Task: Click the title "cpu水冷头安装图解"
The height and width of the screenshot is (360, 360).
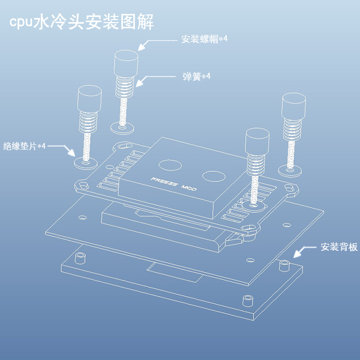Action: click(82, 22)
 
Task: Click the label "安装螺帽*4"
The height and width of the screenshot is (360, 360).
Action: click(204, 39)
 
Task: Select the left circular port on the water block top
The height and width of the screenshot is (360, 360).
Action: click(170, 166)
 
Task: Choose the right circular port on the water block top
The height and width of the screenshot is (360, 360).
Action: click(213, 176)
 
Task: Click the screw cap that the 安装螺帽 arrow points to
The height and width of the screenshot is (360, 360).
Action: click(125, 63)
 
